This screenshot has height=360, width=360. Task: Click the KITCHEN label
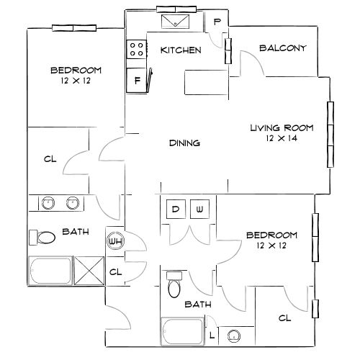coord(181,50)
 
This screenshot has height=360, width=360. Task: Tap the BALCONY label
coord(283,48)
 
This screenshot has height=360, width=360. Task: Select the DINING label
coord(184,143)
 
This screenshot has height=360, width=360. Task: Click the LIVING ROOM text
coord(282,128)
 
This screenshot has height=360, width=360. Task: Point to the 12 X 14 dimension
coord(282,138)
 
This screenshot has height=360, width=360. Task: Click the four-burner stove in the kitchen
coord(137,49)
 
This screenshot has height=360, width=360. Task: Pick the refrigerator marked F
coord(136,80)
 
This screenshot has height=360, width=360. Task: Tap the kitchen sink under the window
coord(176,22)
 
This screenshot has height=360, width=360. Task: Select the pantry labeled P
coord(217,22)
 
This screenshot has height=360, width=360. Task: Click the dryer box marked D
coord(176,209)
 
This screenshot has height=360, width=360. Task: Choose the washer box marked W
coord(199,209)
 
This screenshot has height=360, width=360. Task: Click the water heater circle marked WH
coord(115,241)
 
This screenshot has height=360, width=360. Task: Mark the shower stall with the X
coord(89,271)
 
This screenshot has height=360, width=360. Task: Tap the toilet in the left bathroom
coord(42,238)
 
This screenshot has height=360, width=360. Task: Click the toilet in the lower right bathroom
coord(174,284)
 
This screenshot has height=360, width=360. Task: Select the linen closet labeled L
coord(212,336)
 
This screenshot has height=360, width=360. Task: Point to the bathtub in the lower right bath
coord(182,331)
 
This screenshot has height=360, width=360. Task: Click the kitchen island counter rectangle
coord(206,82)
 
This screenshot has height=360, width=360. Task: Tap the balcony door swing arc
coord(253,60)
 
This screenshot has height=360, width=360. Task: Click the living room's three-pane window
coord(330,135)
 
